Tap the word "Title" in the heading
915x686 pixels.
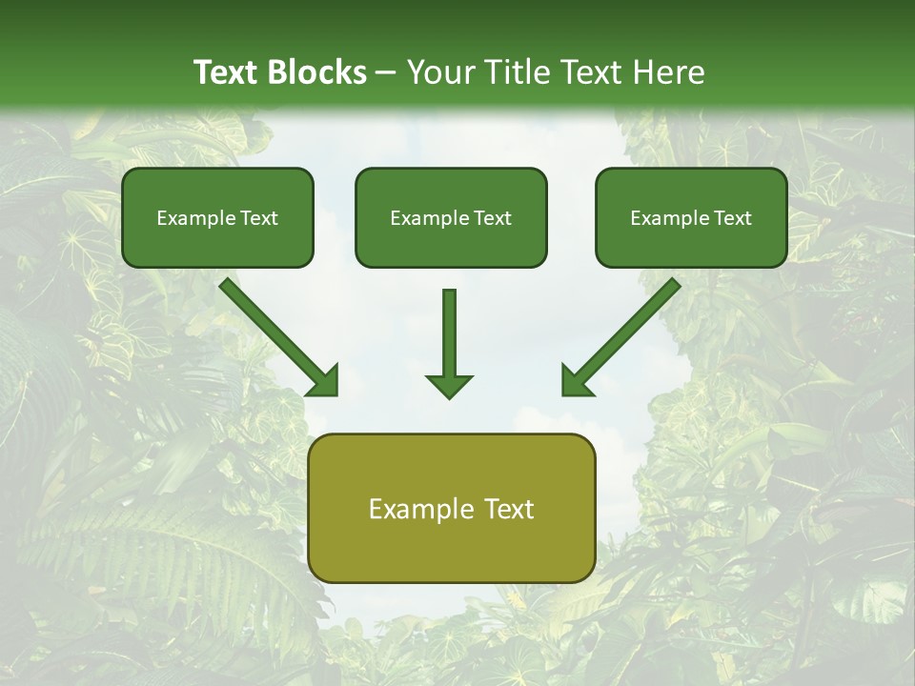[518, 72]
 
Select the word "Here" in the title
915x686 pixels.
[671, 72]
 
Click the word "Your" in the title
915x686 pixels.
[440, 72]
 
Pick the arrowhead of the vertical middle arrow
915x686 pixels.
[449, 385]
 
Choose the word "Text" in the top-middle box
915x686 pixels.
[493, 218]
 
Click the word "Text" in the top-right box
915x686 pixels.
[733, 218]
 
